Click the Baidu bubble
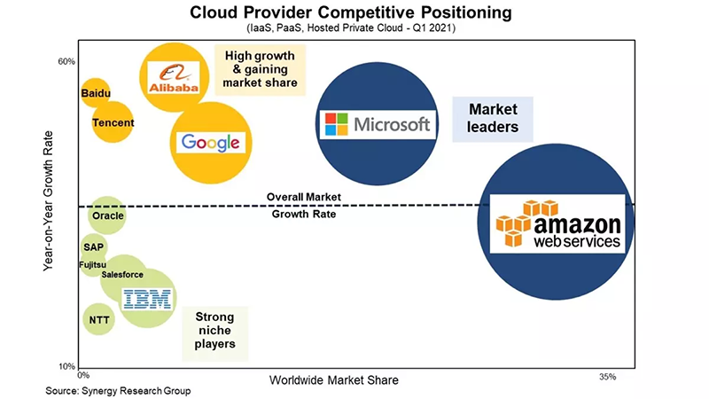(96, 93)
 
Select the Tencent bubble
(113, 122)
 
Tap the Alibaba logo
(174, 78)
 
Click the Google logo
(211, 143)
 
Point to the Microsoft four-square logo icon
(337, 124)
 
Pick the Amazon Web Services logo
(557, 223)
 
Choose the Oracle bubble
(107, 215)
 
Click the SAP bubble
(94, 247)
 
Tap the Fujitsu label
(93, 264)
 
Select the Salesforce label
(122, 275)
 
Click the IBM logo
(147, 299)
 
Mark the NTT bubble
(98, 319)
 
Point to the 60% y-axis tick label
(66, 61)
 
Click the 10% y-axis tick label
(66, 366)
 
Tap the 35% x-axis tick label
(608, 377)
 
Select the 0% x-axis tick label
(83, 375)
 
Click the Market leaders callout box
(493, 119)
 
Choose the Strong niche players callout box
(215, 333)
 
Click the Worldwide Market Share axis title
(334, 380)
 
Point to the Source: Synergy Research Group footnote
(118, 391)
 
